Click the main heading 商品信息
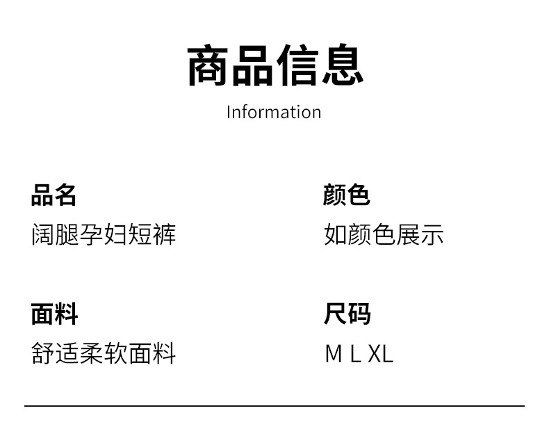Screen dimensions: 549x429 click(x=274, y=65)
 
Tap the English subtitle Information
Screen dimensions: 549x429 click(x=274, y=112)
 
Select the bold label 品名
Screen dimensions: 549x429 click(x=54, y=195)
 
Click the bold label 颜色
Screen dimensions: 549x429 click(x=346, y=195)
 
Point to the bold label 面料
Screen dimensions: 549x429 click(x=54, y=314)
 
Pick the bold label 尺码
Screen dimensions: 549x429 click(x=347, y=314)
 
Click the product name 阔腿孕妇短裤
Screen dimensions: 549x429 click(x=104, y=235)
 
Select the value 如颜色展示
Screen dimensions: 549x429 click(x=384, y=235)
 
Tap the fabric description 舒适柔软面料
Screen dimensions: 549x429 click(x=104, y=354)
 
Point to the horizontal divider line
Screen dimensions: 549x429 click(x=274, y=405)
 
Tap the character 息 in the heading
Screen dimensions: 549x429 click(x=342, y=65)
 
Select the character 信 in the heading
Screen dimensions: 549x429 click(x=297, y=65)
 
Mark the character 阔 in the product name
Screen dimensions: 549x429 click(x=43, y=235)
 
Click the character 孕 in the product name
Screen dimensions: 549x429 click(x=92, y=235)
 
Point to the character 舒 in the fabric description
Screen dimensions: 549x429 click(x=43, y=354)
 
